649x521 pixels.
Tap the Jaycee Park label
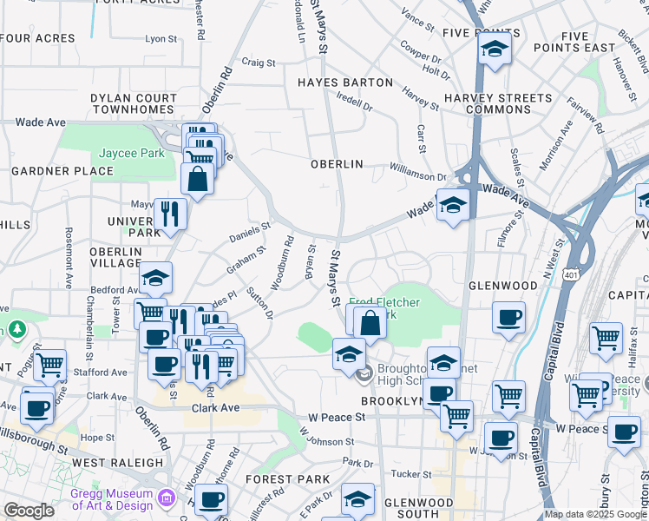131,153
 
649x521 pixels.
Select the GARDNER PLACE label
62,171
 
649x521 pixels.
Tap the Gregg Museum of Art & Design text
114,499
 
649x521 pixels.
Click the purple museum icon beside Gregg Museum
168,499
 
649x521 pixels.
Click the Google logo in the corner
29,510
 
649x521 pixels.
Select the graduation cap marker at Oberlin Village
155,278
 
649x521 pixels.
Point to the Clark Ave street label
215,407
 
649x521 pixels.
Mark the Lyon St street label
161,38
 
